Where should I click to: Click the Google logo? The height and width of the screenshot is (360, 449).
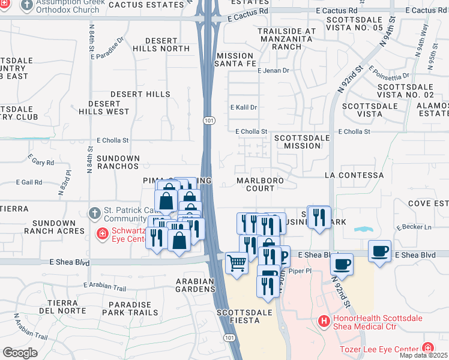[20, 352]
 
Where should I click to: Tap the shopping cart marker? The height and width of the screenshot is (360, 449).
[237, 262]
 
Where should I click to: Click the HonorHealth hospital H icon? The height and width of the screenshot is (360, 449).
[325, 322]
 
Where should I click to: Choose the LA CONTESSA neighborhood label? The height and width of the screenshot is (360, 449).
[354, 175]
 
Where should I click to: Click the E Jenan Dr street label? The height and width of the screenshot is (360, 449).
[273, 71]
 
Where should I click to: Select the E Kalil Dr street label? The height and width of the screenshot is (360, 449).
[244, 107]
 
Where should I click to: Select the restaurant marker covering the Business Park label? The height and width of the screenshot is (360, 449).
[319, 218]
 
